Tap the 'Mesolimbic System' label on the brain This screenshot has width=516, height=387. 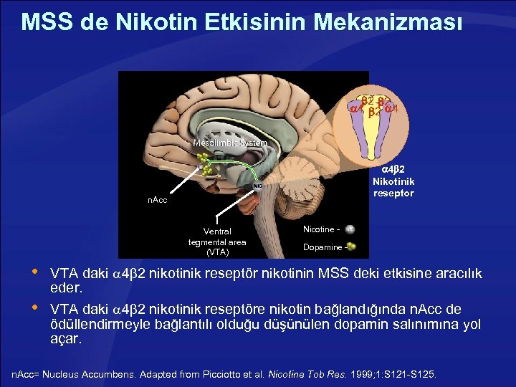(230, 143)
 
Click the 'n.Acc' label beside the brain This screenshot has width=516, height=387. (158, 200)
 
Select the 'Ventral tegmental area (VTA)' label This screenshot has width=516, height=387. (217, 242)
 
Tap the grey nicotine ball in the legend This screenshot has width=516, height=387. (350, 229)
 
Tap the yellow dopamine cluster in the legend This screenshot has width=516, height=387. (350, 247)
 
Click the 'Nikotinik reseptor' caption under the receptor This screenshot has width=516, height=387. (393, 187)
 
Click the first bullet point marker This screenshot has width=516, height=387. (32, 273)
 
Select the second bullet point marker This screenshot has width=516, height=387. (32, 308)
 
